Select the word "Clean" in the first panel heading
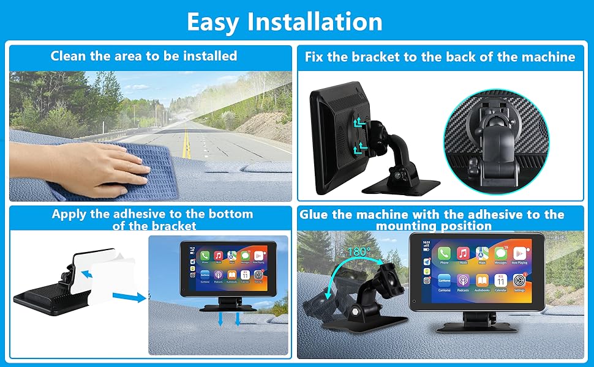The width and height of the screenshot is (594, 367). [x=69, y=56]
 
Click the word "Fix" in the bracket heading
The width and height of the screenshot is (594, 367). [x=315, y=57]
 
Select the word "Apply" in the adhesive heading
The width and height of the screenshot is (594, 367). [x=69, y=214]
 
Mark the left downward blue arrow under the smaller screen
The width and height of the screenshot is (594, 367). [x=222, y=319]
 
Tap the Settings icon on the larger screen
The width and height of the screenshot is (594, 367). [x=519, y=280]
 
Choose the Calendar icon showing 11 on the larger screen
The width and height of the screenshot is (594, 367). [x=501, y=280]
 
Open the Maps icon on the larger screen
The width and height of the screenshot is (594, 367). [x=482, y=253]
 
